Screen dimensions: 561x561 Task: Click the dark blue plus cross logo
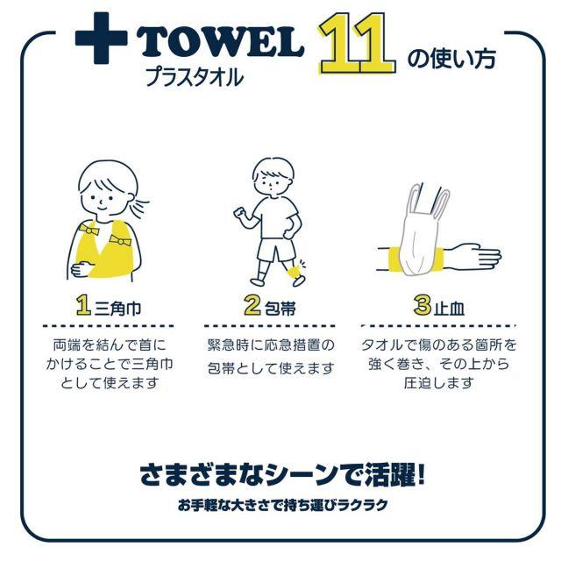102,39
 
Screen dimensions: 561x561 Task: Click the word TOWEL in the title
220,43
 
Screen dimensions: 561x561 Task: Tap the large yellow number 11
357,43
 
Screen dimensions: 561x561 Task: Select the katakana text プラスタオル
195,76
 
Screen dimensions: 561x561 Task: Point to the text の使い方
451,59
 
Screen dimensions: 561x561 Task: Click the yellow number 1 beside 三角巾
84,305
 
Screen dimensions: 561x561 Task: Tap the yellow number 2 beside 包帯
252,305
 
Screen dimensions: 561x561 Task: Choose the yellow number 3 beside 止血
423,305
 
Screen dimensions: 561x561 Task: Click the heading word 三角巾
117,309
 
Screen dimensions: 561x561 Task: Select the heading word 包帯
280,309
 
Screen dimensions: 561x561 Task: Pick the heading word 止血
449,309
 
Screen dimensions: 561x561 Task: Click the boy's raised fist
239,215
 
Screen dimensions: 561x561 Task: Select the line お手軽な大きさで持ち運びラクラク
282,505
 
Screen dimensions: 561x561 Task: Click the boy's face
273,183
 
